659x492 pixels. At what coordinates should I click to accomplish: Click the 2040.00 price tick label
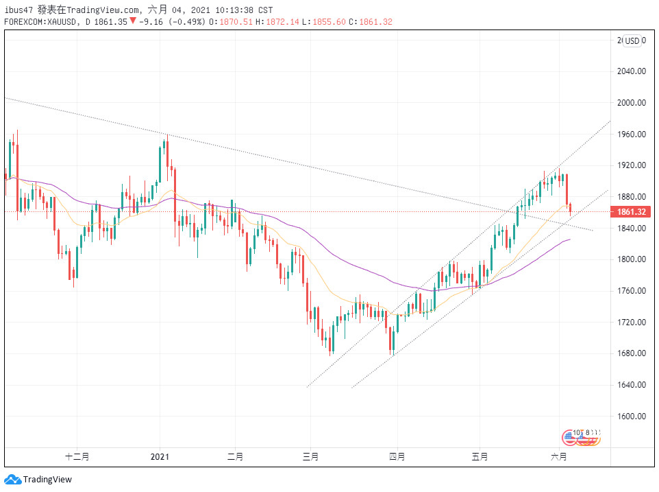[x=631, y=71]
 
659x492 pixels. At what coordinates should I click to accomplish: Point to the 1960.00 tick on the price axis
[x=631, y=134]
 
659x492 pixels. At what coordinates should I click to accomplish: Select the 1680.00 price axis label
[x=631, y=353]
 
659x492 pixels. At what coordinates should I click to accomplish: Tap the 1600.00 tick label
[x=631, y=417]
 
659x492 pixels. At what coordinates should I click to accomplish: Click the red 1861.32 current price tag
[x=631, y=212]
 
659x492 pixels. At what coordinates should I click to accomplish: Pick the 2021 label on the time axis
[x=160, y=456]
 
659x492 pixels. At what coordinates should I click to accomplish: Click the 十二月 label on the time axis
[x=77, y=456]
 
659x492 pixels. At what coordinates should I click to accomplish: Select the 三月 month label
[x=310, y=456]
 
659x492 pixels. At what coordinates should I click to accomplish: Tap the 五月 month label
[x=480, y=456]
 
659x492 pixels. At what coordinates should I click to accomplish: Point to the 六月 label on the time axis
[x=559, y=456]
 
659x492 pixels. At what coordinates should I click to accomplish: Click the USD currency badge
[x=632, y=41]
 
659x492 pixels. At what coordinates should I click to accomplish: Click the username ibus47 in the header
[x=18, y=10]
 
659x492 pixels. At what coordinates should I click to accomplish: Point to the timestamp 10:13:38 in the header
[x=233, y=10]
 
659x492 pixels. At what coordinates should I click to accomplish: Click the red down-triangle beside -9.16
[x=133, y=21]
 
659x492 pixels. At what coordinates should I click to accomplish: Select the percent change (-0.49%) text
[x=184, y=21]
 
